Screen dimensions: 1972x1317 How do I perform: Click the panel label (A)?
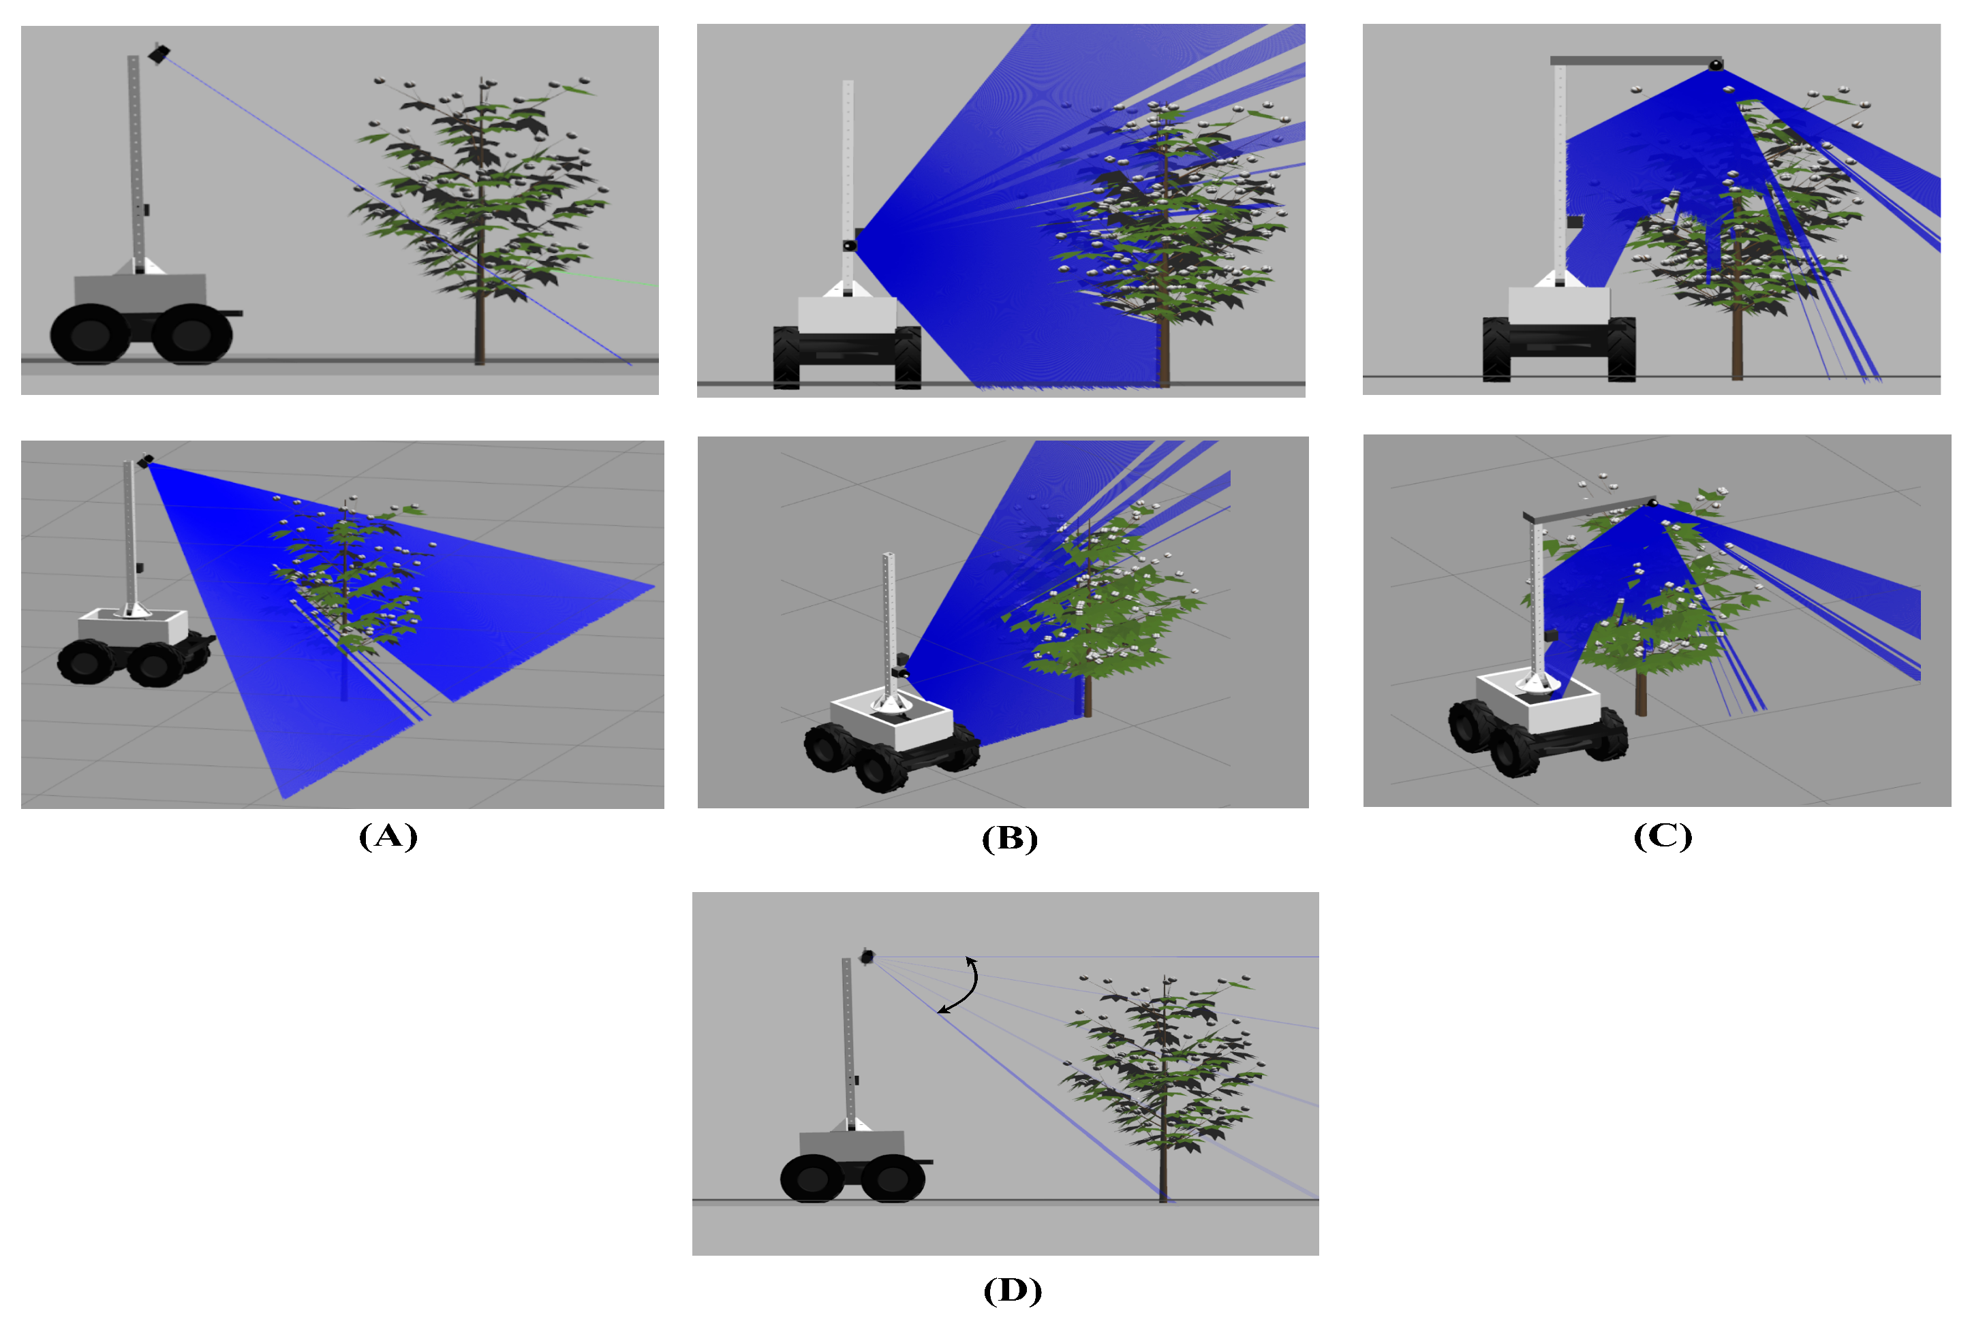click(x=388, y=836)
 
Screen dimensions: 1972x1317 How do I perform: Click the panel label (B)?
click(x=1010, y=838)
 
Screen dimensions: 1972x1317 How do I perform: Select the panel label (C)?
click(x=1663, y=836)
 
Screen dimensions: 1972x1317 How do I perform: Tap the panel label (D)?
click(x=1013, y=1290)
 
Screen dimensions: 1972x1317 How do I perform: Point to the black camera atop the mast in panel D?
click(x=867, y=956)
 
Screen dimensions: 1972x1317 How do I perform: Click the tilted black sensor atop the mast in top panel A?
click(x=159, y=53)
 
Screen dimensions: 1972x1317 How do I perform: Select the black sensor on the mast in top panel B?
click(x=850, y=245)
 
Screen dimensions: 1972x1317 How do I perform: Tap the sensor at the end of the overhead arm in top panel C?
click(x=1715, y=65)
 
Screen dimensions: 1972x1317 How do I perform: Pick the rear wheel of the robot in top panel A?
click(x=90, y=334)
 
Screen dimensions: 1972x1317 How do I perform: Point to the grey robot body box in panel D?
click(x=852, y=1145)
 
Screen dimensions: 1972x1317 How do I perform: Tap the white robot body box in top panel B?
click(x=847, y=315)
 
